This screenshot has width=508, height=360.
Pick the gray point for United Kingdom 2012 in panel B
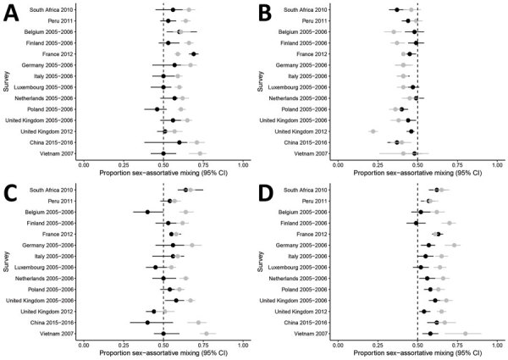click(x=373, y=131)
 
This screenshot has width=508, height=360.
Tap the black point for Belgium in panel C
click(x=147, y=212)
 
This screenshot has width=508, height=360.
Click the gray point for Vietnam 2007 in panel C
click(x=206, y=333)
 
